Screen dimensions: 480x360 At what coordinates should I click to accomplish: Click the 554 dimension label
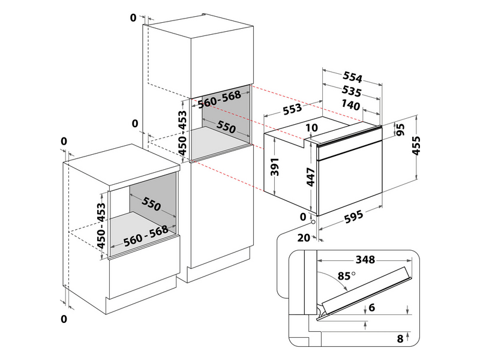[352, 77]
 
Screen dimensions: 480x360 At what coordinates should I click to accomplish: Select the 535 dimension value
[352, 91]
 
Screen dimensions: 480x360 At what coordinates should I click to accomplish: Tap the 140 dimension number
[350, 105]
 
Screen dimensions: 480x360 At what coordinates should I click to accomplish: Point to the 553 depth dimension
[292, 109]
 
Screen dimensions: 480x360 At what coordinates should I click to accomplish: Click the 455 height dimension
[416, 146]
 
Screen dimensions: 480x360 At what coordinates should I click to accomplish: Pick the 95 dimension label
[400, 129]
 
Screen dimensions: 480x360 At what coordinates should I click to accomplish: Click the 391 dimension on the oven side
[275, 167]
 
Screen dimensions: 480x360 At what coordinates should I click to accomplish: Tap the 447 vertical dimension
[311, 177]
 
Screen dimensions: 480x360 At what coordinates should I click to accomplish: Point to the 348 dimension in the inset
[365, 260]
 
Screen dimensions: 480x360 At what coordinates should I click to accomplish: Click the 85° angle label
[347, 276]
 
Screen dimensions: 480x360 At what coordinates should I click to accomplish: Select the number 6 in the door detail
[371, 307]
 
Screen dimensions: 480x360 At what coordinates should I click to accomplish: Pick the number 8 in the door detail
[400, 338]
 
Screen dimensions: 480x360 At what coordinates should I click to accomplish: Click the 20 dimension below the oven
[304, 238]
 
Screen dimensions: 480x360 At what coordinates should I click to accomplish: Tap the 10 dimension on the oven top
[311, 128]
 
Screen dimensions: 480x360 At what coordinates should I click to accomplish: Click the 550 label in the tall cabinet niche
[226, 127]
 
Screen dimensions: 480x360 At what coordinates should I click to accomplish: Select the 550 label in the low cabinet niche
[151, 203]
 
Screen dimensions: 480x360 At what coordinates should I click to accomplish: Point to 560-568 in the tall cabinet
[220, 100]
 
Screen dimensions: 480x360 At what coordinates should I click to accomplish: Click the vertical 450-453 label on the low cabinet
[101, 225]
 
